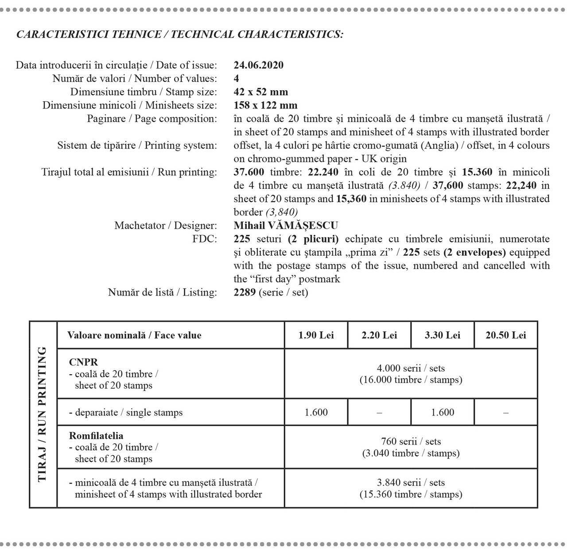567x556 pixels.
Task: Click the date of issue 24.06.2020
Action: [x=258, y=65]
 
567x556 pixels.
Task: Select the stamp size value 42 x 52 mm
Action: [x=260, y=92]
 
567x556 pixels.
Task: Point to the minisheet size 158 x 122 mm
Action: [x=265, y=105]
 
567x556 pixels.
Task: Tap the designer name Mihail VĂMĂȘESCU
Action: [x=286, y=226]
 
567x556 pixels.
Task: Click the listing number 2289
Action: [x=245, y=292]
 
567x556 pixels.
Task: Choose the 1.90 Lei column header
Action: [x=316, y=335]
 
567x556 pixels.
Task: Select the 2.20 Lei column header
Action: [x=379, y=335]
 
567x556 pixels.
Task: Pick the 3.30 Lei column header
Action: [x=442, y=335]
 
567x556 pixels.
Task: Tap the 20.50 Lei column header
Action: [x=505, y=335]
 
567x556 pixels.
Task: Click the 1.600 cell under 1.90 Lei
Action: [x=316, y=412]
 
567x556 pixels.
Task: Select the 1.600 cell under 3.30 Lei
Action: [x=442, y=412]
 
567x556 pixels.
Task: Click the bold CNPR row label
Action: [x=83, y=362]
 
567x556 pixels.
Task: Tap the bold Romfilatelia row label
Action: [x=96, y=436]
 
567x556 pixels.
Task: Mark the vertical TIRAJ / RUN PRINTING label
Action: [x=43, y=414]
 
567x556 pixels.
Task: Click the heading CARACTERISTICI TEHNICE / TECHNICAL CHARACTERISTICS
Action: [x=179, y=35]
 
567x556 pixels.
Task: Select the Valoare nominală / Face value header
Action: [x=134, y=335]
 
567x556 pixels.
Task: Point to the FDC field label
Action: [x=209, y=239]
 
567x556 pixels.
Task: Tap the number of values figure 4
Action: [x=236, y=79]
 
